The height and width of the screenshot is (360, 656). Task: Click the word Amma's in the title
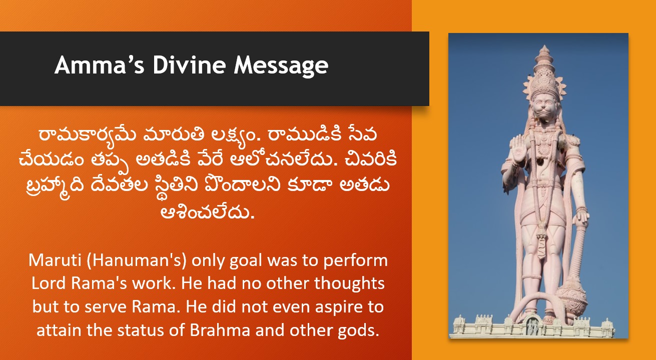pos(100,64)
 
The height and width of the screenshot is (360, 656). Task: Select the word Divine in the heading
pos(189,64)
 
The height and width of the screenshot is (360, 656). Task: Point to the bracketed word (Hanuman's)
pos(137,260)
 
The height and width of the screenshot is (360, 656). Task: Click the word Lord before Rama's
pos(49,283)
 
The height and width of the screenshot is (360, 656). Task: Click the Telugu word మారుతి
pos(174,135)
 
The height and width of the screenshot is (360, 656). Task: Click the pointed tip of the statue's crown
pos(544,46)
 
